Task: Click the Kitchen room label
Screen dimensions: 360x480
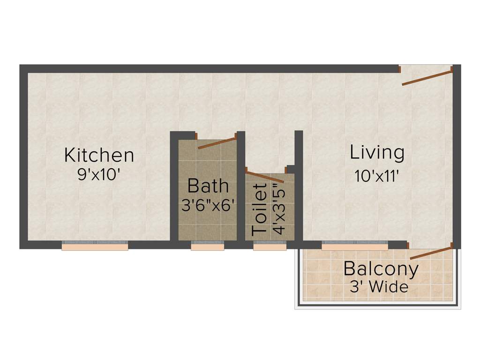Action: (x=99, y=155)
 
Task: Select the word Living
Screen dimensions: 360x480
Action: (x=377, y=152)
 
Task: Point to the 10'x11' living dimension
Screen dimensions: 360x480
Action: (x=377, y=176)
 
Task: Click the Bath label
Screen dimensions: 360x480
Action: (x=208, y=186)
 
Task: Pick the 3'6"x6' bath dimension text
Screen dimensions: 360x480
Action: (x=208, y=205)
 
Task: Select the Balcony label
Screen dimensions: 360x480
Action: (x=381, y=269)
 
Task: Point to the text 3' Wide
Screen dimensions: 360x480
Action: (x=379, y=286)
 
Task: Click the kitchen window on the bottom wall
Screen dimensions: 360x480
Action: (x=95, y=246)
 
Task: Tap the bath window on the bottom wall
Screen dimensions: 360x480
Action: (x=207, y=246)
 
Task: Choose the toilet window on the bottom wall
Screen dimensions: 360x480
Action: (x=270, y=246)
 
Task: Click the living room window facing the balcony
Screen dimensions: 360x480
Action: (x=354, y=246)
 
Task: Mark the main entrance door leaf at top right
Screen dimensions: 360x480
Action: (x=427, y=78)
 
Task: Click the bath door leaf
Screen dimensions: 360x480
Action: (x=216, y=142)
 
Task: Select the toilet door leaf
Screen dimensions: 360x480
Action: (x=265, y=177)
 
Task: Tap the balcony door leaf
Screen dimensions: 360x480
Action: (x=430, y=252)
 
